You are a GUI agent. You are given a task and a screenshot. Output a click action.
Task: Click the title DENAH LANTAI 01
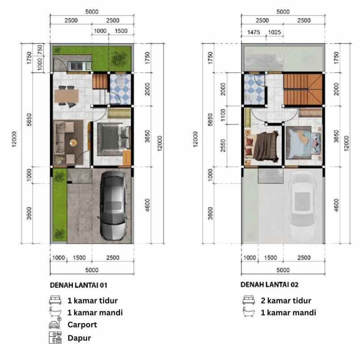pyautogui.click(x=78, y=284)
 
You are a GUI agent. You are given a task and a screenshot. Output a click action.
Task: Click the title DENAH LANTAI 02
pyautogui.click(x=270, y=284)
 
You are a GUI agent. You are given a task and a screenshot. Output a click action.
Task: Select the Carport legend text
pyautogui.click(x=83, y=324)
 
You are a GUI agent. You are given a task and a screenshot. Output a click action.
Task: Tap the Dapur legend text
pyautogui.click(x=79, y=338)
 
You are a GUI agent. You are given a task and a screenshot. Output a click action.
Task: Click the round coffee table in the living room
pyautogui.click(x=73, y=144)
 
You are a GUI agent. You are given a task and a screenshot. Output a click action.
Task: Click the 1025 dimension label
pyautogui.click(x=274, y=32)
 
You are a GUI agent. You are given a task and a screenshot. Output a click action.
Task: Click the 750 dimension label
pyautogui.click(x=40, y=50)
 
